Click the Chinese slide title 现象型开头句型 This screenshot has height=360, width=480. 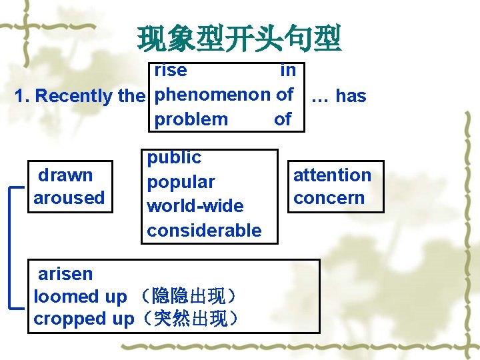tap(239, 39)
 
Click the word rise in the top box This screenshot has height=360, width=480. tap(171, 70)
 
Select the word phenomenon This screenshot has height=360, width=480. tap(213, 95)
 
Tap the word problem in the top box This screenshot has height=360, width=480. tap(191, 119)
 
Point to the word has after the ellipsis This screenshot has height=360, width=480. tap(351, 96)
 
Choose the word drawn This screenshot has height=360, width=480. tap(65, 175)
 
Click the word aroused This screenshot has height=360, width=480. tap(69, 198)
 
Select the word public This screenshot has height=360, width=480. tap(174, 157)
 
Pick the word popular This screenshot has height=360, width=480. tap(181, 182)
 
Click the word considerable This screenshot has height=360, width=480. tap(204, 231)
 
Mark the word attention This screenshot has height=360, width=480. tap(332, 175)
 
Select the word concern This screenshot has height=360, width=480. tap(329, 198)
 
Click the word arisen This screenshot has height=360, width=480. tap(65, 274)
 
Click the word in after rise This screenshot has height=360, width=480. tap(288, 70)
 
